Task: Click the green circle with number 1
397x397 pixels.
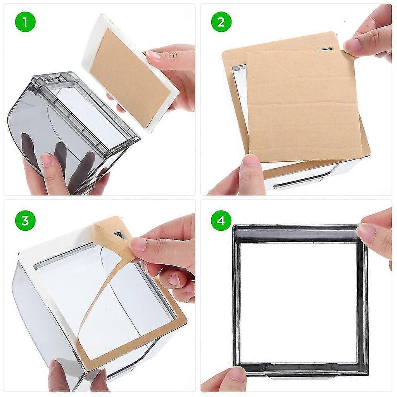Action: (x=25, y=22)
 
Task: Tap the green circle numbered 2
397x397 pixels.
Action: (x=221, y=22)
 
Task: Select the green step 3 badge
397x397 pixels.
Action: (x=25, y=221)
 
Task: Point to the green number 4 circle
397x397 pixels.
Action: (x=221, y=221)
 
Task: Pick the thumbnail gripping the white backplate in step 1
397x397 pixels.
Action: (x=153, y=55)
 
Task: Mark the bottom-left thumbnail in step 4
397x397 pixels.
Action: (x=236, y=374)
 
